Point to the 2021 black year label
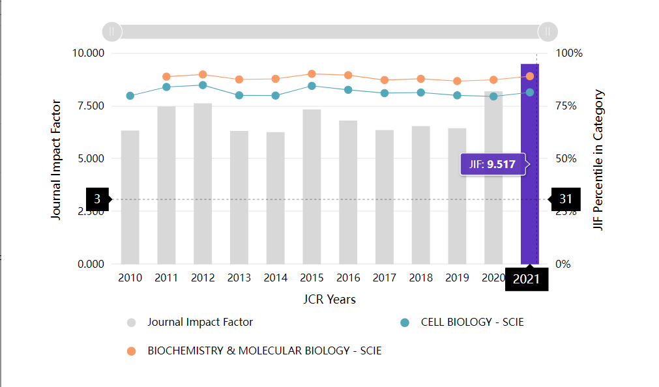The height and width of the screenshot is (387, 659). (527, 279)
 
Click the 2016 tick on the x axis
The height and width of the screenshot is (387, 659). (348, 278)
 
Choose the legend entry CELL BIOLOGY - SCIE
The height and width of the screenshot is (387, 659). (472, 322)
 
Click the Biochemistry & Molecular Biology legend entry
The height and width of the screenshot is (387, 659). (264, 351)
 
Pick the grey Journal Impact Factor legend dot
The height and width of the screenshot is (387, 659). (132, 322)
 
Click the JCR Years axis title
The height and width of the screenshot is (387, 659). (329, 300)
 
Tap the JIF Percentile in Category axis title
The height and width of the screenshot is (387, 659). (599, 160)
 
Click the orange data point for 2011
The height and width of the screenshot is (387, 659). (166, 77)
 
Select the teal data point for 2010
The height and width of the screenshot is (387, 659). (130, 96)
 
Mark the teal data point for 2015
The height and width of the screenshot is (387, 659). (312, 86)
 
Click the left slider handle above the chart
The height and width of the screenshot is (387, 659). (111, 31)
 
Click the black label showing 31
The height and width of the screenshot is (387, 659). (564, 199)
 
